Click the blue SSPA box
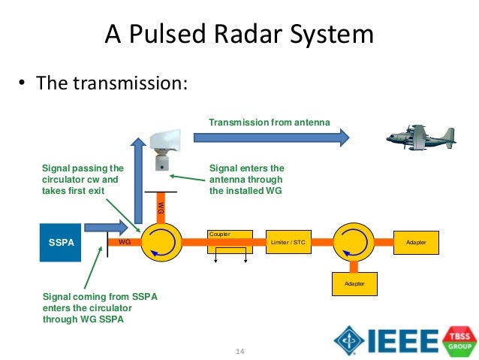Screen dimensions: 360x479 (61, 242)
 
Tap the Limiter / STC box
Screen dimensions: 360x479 (288, 242)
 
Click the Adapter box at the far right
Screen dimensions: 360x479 (415, 242)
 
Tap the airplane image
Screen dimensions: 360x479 (420, 138)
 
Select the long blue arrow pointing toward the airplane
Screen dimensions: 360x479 (271, 138)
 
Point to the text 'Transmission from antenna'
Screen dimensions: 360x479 (269, 122)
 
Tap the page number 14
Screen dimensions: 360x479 (240, 351)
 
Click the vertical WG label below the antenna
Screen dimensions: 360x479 (161, 206)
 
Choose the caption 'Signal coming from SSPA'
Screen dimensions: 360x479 (100, 298)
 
